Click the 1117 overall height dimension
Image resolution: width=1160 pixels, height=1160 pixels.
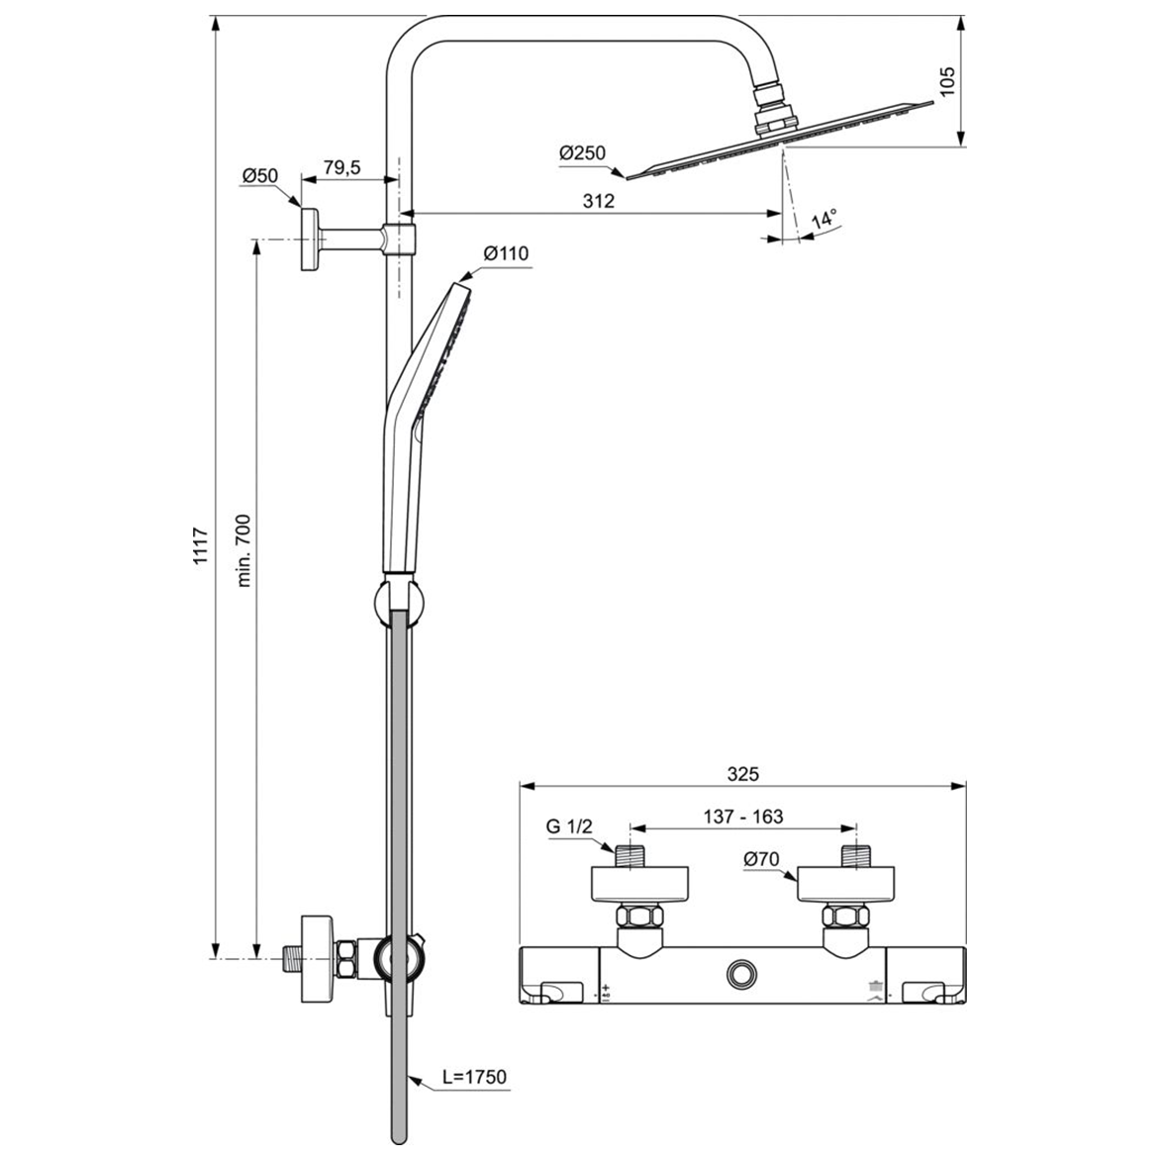coord(200,545)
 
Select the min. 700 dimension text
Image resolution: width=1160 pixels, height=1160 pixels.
coord(244,550)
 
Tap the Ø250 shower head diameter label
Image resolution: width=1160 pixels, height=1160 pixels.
coord(582,153)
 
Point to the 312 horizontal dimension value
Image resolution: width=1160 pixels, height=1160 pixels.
coord(598,201)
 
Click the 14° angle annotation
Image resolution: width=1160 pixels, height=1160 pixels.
coord(823,217)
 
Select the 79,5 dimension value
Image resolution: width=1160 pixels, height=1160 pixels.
coord(340,168)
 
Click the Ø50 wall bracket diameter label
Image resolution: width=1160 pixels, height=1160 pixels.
coord(259,176)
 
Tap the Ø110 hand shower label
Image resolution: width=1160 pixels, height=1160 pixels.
coord(506,253)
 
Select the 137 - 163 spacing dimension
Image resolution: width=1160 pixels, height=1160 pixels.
coord(742,817)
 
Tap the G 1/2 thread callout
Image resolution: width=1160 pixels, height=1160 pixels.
coord(568,826)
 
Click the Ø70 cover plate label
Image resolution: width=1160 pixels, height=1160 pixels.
coord(762,859)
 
